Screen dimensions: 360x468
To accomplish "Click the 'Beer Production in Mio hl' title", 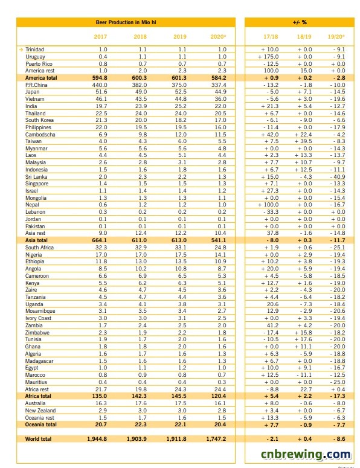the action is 126,22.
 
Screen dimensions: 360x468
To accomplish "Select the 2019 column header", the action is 180,37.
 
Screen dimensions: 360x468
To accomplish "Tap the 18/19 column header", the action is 304,37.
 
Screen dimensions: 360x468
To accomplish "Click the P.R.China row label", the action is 36,85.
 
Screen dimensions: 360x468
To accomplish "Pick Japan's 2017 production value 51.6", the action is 101,92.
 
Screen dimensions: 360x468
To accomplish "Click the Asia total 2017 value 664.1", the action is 100,240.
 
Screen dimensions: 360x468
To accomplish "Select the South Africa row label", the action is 39,248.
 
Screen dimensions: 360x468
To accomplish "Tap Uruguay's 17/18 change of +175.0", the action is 268,57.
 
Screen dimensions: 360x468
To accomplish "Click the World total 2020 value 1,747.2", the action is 216,439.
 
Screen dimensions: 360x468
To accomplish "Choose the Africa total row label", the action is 38,396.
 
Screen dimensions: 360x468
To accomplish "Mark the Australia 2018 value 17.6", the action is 141,403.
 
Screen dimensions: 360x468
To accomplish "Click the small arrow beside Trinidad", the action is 21,50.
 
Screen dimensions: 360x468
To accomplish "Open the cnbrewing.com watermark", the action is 306,454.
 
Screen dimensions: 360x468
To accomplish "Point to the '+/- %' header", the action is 300,22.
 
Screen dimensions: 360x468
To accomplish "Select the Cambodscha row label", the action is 40,135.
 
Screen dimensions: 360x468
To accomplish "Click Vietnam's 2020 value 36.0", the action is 220,99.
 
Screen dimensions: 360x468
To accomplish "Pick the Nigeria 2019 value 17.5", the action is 181,255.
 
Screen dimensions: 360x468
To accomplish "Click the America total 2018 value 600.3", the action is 140,78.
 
